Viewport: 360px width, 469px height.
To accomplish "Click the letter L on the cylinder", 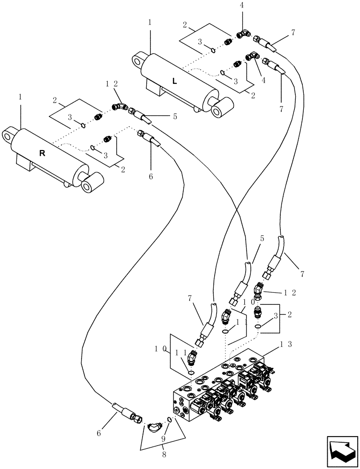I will [x=174, y=81].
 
